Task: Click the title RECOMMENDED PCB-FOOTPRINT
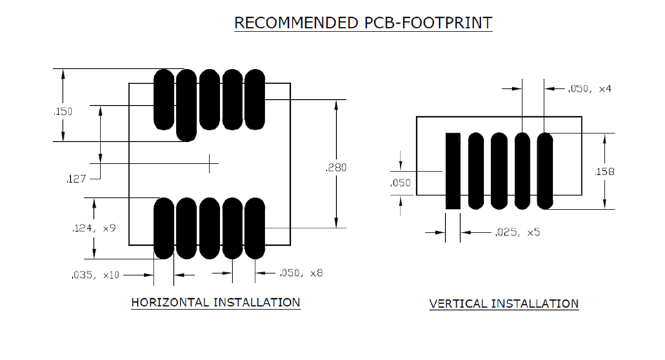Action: click(x=363, y=23)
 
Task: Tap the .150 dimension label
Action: click(x=63, y=112)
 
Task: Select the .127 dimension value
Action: click(x=76, y=179)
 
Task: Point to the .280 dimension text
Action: click(x=336, y=168)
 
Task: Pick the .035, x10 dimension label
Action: click(x=95, y=275)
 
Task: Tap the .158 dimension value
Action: click(x=604, y=171)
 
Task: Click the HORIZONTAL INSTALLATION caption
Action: click(x=216, y=303)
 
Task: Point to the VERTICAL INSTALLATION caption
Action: click(x=504, y=304)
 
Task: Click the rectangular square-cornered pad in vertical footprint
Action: click(x=453, y=171)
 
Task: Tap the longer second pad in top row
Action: click(x=186, y=105)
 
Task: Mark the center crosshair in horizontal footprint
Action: click(x=210, y=163)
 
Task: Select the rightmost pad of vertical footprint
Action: click(x=546, y=171)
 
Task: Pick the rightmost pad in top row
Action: click(x=254, y=99)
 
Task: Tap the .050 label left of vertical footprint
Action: click(x=400, y=183)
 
